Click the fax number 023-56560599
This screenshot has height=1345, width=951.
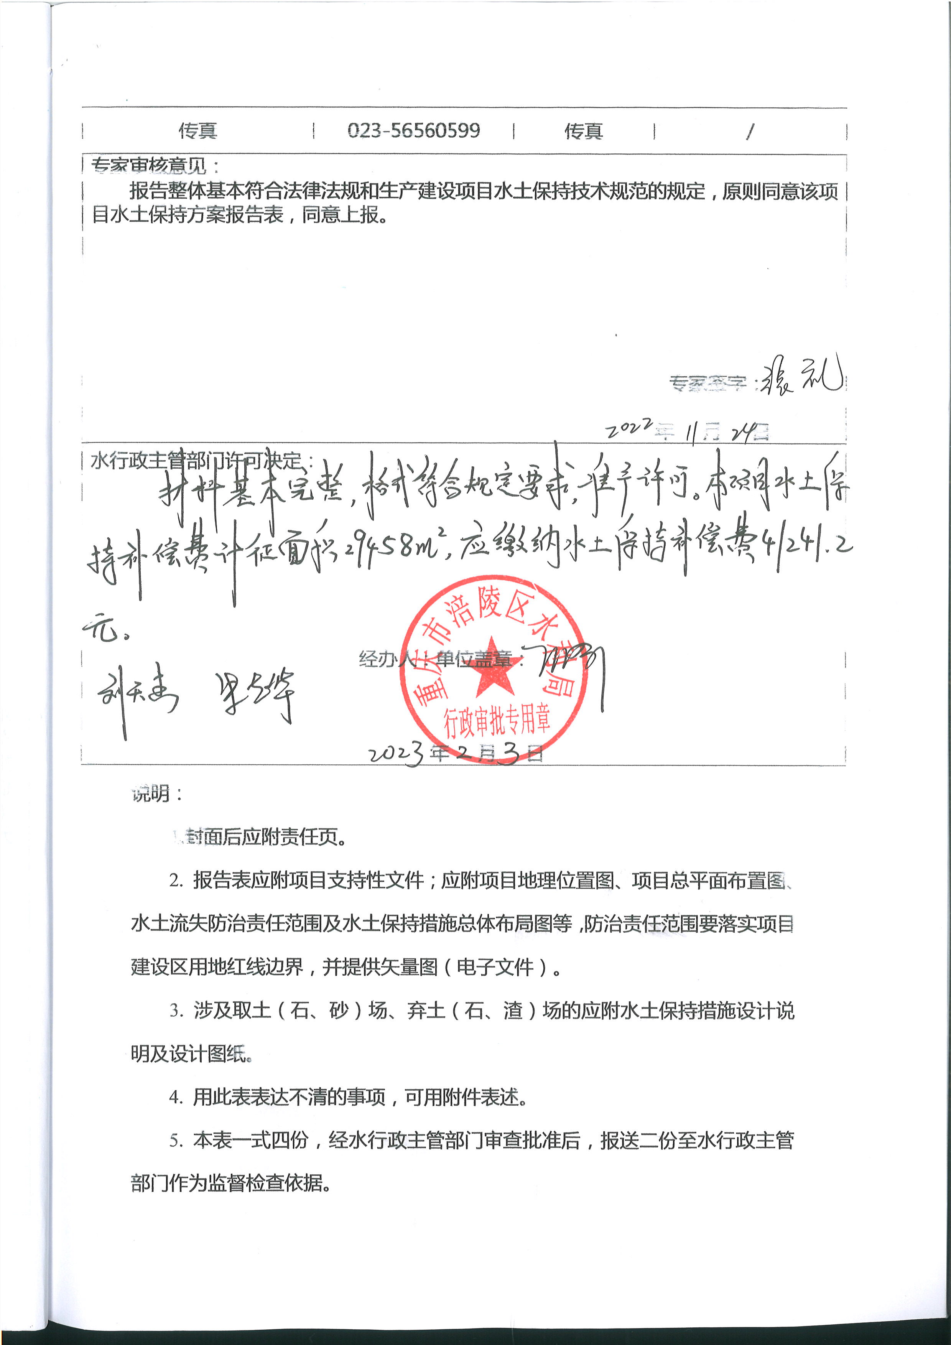tap(413, 130)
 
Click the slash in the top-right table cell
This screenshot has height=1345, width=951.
tap(750, 131)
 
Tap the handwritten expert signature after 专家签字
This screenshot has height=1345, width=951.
tap(801, 375)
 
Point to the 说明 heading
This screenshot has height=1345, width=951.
tap(150, 794)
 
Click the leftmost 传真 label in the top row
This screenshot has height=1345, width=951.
tap(198, 130)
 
